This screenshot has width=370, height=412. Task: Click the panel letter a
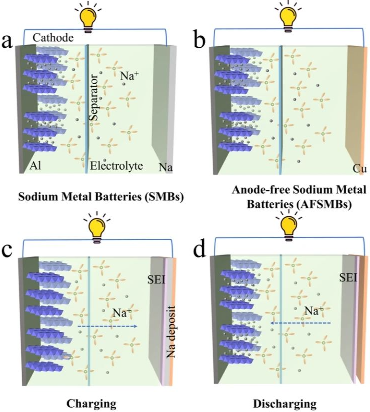coord(8,42)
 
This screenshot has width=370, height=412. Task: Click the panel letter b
coord(200,42)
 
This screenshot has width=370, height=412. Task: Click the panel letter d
coord(200,248)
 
